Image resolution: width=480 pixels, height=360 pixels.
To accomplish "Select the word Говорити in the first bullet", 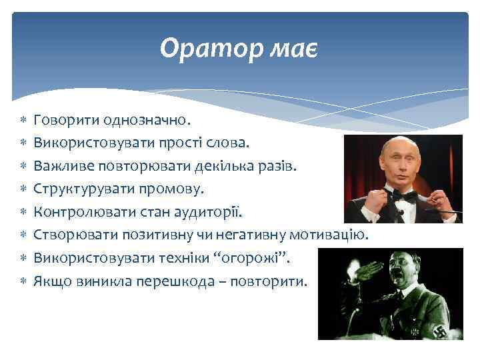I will pyautogui.click(x=66, y=121).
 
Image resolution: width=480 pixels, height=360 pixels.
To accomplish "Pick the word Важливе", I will pyautogui.click(x=65, y=166).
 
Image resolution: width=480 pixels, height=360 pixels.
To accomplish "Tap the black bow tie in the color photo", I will pyautogui.click(x=405, y=196).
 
